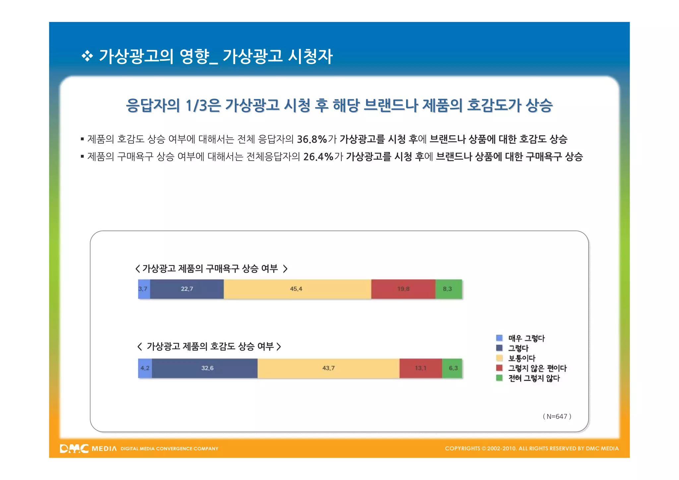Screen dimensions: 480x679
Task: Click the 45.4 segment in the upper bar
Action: point(297,289)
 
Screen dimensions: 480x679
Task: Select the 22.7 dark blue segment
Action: point(187,289)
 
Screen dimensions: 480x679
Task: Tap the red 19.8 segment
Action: point(403,289)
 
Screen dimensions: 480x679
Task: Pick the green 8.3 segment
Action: point(448,289)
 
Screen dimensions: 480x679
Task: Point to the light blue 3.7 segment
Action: point(144,289)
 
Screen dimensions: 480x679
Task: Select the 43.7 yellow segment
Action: point(328,368)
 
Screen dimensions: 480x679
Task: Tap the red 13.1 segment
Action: point(420,368)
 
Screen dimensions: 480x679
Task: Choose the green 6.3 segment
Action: point(452,368)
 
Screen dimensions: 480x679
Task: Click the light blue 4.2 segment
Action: point(145,368)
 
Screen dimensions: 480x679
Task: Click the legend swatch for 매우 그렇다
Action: point(499,338)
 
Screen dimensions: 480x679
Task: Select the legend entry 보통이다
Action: point(522,358)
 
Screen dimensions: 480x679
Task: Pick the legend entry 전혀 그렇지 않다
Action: point(534,378)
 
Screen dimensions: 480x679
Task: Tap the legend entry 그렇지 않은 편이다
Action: point(537,368)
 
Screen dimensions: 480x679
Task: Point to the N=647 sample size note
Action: point(557,416)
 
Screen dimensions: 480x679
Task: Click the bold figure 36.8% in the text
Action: point(312,139)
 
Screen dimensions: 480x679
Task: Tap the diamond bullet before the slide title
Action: point(87,56)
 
